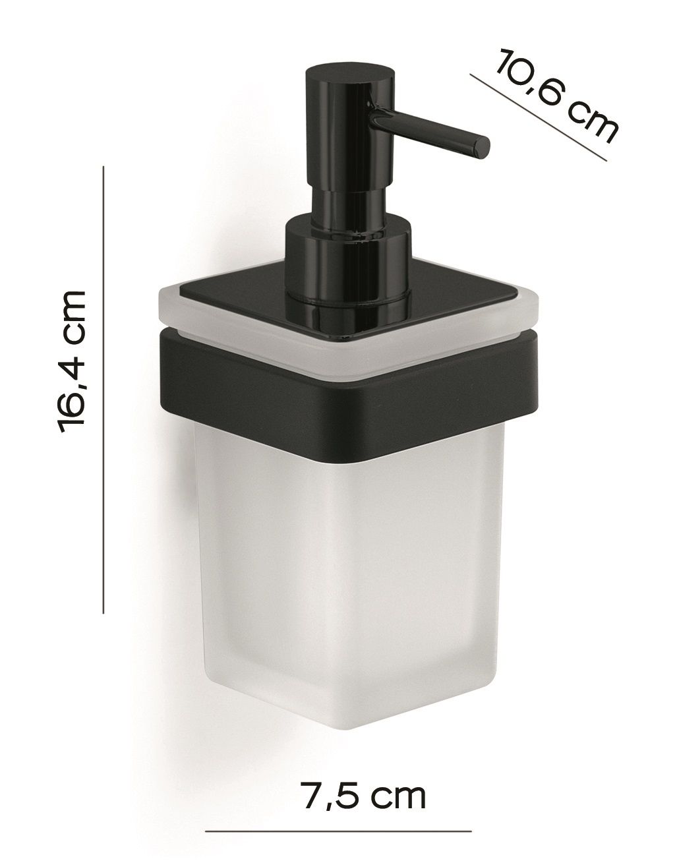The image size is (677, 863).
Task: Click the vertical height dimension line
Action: pyautogui.click(x=103, y=390)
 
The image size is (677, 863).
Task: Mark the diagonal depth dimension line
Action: pyautogui.click(x=539, y=117)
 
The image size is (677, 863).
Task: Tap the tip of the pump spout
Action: pyautogui.click(x=481, y=147)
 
